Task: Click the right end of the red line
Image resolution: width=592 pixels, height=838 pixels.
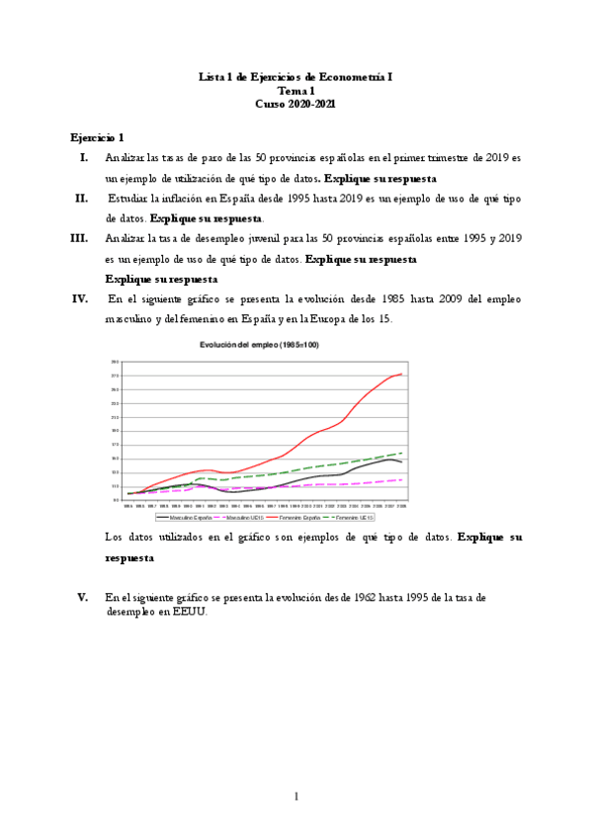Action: click(401, 374)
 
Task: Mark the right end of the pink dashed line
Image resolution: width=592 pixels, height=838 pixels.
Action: click(401, 479)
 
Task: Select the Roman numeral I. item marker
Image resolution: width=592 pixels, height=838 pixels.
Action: click(84, 157)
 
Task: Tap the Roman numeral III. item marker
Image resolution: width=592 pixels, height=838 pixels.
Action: click(80, 238)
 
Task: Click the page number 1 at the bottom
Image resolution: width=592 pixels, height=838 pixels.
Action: click(296, 795)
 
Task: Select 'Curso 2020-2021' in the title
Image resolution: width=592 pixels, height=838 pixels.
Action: click(296, 103)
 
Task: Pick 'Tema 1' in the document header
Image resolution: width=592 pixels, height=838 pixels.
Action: click(296, 89)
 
